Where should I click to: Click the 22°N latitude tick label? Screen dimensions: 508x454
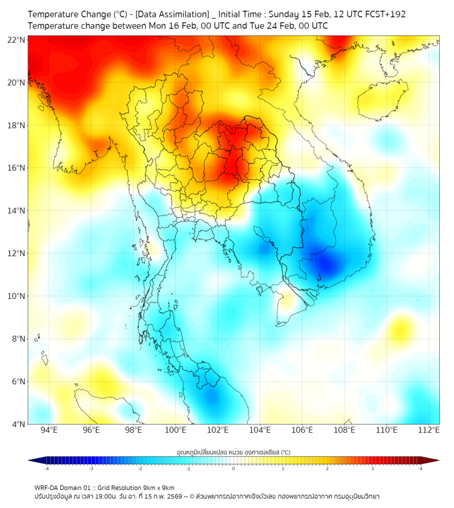[17, 40]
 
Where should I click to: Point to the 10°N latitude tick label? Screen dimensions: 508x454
[17, 296]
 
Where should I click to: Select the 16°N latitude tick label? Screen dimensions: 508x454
[17, 168]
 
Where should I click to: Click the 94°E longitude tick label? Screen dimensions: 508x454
[49, 430]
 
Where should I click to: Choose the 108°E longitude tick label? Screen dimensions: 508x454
[345, 430]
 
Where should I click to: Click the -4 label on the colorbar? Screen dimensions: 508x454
[46, 468]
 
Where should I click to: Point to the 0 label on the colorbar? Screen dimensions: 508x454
[234, 468]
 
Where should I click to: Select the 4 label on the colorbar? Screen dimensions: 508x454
[421, 468]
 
